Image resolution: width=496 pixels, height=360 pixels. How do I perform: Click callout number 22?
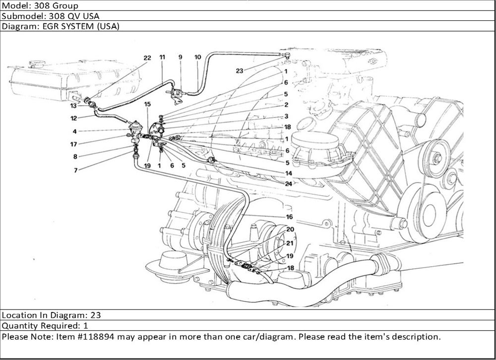(x=147, y=58)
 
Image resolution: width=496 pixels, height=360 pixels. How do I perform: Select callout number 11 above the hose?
(x=162, y=58)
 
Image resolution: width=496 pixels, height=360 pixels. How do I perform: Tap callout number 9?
(x=180, y=58)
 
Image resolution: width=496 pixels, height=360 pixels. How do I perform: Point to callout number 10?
(x=197, y=58)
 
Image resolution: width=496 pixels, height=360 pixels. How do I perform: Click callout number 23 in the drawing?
(x=240, y=71)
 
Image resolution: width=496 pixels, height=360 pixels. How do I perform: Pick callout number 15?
(x=147, y=104)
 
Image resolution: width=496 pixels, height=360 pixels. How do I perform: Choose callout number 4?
(x=74, y=131)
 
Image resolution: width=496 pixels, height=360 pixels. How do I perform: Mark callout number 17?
(x=73, y=145)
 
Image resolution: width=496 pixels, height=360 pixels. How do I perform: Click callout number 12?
(x=73, y=118)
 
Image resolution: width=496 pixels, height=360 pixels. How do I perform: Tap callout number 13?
(x=73, y=106)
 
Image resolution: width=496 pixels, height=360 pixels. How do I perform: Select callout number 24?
(x=288, y=183)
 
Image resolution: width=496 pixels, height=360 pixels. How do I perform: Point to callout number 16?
(x=290, y=217)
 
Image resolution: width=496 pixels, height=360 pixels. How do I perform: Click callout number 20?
(x=290, y=229)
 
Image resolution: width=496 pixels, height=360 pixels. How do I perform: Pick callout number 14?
(x=288, y=174)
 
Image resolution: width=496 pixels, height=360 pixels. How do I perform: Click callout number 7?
(x=75, y=170)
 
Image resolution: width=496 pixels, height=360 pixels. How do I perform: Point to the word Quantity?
(x=18, y=326)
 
